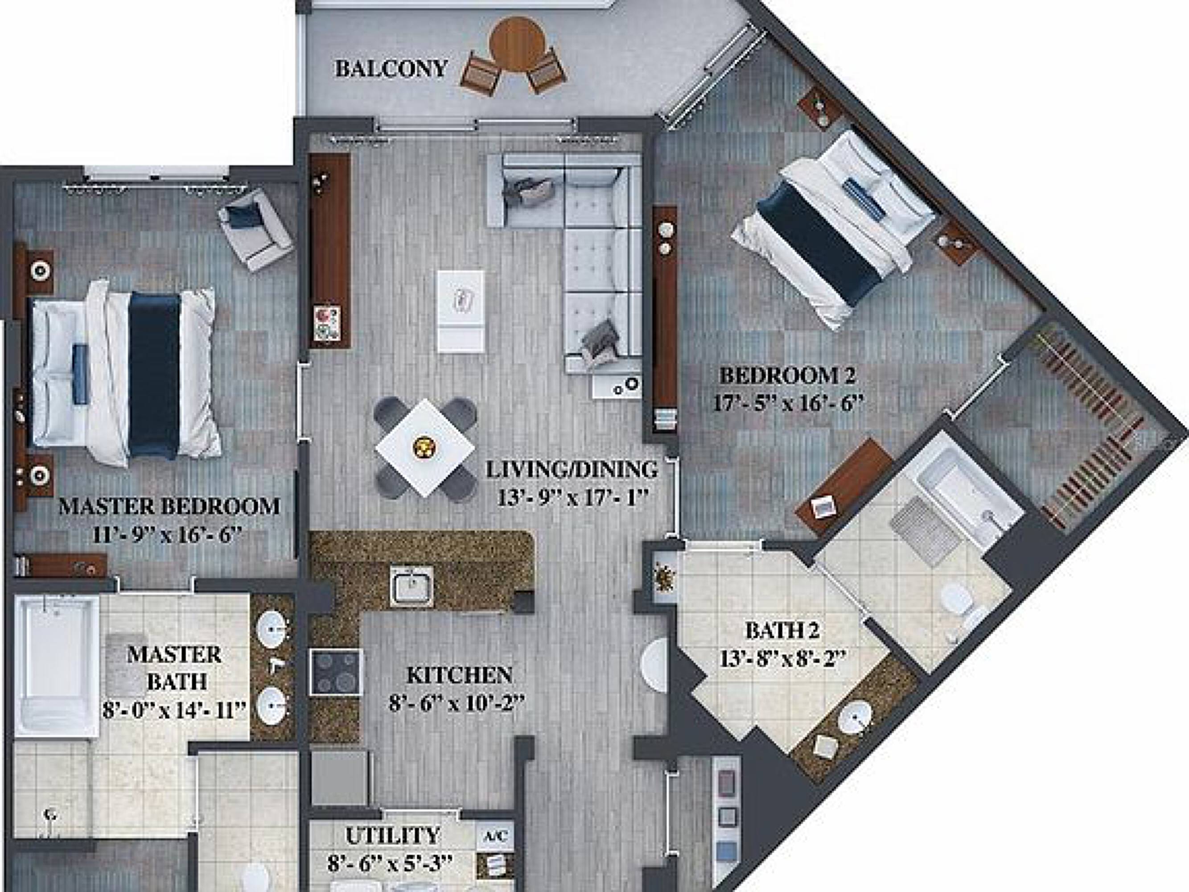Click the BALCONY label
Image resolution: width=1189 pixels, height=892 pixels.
[x=391, y=69]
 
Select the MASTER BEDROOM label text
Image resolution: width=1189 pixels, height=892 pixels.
[x=169, y=507]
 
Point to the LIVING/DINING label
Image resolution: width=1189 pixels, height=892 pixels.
[x=572, y=469]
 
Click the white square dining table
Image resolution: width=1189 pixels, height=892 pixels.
[x=424, y=447]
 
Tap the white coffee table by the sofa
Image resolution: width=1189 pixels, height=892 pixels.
[x=461, y=311]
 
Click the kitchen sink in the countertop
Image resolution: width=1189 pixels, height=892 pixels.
[x=411, y=586]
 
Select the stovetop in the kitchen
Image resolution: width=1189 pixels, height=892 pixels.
[x=336, y=672]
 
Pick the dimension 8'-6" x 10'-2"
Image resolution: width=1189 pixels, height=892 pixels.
[x=457, y=703]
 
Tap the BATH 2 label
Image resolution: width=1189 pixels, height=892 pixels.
[x=782, y=630]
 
